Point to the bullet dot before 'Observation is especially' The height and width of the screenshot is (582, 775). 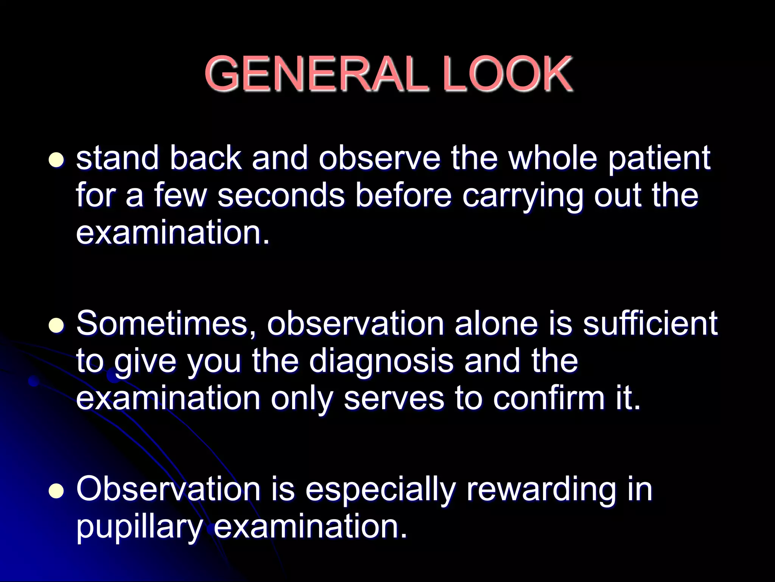pyautogui.click(x=56, y=491)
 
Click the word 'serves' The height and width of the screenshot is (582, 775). pyautogui.click(x=394, y=399)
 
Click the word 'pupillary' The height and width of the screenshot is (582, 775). pyautogui.click(x=139, y=527)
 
